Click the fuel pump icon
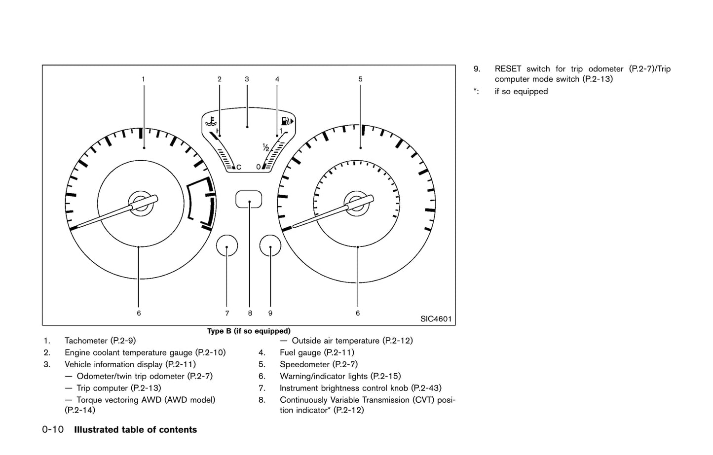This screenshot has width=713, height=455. point(287,121)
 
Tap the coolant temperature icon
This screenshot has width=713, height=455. point(211,121)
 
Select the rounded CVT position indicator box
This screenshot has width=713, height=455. point(249,199)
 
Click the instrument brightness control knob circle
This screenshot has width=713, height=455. point(227,245)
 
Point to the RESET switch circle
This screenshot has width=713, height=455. point(270,245)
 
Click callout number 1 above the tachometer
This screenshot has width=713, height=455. point(143,79)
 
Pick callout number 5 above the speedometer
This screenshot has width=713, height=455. point(360,79)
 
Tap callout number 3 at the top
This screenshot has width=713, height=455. point(247,79)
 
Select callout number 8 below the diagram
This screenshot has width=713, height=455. point(250,313)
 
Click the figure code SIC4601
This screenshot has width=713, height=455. point(436,319)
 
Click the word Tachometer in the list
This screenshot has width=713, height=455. point(86,341)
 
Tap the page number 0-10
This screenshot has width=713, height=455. point(53,429)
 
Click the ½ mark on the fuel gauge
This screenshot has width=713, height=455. point(266,147)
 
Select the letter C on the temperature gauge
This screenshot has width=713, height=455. point(239,167)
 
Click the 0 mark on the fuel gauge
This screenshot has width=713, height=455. point(259,167)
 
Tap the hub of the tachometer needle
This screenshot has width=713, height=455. point(140,204)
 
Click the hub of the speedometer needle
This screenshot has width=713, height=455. point(356,204)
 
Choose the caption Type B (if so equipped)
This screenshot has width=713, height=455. point(249,331)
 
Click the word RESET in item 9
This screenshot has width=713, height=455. point(508,69)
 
